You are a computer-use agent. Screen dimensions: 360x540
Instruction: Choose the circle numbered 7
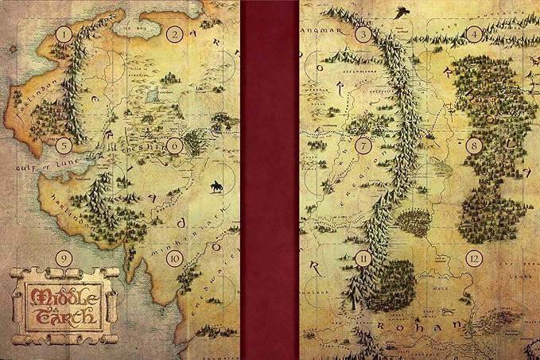pyautogui.click(x=364, y=145)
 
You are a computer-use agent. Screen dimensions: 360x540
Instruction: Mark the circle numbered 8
pyautogui.click(x=474, y=145)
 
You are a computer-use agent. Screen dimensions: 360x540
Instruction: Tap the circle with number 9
pyautogui.click(x=64, y=257)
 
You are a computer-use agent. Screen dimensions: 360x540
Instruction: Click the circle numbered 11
pyautogui.click(x=364, y=257)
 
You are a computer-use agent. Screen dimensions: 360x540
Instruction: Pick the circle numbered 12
pyautogui.click(x=474, y=257)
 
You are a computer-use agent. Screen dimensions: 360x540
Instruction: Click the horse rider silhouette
pyautogui.click(x=215, y=187)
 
